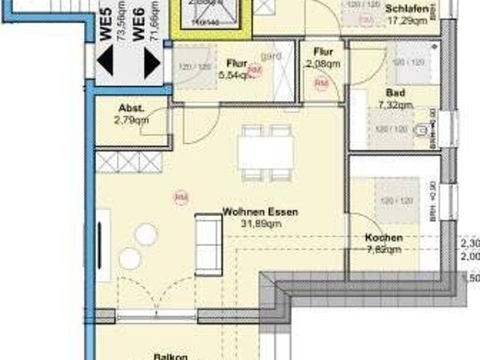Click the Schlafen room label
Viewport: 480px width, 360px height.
point(409,9)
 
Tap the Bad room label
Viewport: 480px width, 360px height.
point(397,92)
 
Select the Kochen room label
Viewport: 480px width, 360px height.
point(383,238)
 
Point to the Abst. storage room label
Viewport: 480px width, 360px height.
point(131,107)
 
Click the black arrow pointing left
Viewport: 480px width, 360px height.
point(105,61)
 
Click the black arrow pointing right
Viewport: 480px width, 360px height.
point(151,62)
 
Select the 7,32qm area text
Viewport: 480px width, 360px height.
point(397,105)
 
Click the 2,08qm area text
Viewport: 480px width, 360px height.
point(323,64)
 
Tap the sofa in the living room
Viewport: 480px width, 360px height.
point(208,244)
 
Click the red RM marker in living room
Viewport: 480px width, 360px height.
point(181,197)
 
